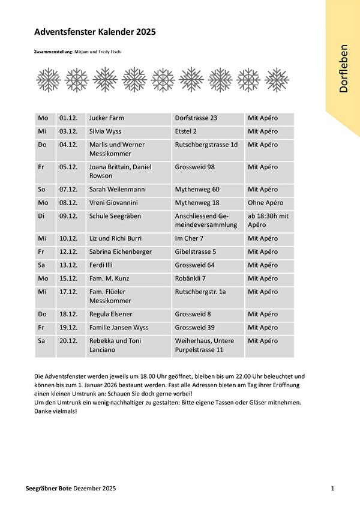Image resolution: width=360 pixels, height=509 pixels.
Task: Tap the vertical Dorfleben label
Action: click(x=343, y=68)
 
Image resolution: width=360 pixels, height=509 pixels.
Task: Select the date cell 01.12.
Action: click(x=68, y=118)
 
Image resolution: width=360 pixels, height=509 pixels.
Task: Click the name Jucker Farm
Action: click(x=106, y=118)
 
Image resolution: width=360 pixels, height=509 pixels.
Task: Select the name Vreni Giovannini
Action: click(x=116, y=203)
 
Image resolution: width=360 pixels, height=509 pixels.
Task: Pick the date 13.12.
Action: click(x=68, y=265)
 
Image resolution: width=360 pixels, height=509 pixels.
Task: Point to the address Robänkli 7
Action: click(x=190, y=279)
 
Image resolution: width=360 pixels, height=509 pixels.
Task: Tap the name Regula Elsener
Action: click(x=110, y=315)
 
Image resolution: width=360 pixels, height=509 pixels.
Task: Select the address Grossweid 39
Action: click(x=194, y=328)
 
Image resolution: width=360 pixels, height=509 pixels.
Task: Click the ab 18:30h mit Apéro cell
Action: click(x=268, y=220)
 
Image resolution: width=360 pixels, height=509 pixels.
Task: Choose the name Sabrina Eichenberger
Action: click(x=120, y=252)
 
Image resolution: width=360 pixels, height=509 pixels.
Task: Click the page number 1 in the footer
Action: click(x=332, y=489)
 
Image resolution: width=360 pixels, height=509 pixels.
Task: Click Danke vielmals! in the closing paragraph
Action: click(x=56, y=412)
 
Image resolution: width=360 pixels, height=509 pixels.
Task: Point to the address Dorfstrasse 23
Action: click(x=196, y=118)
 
